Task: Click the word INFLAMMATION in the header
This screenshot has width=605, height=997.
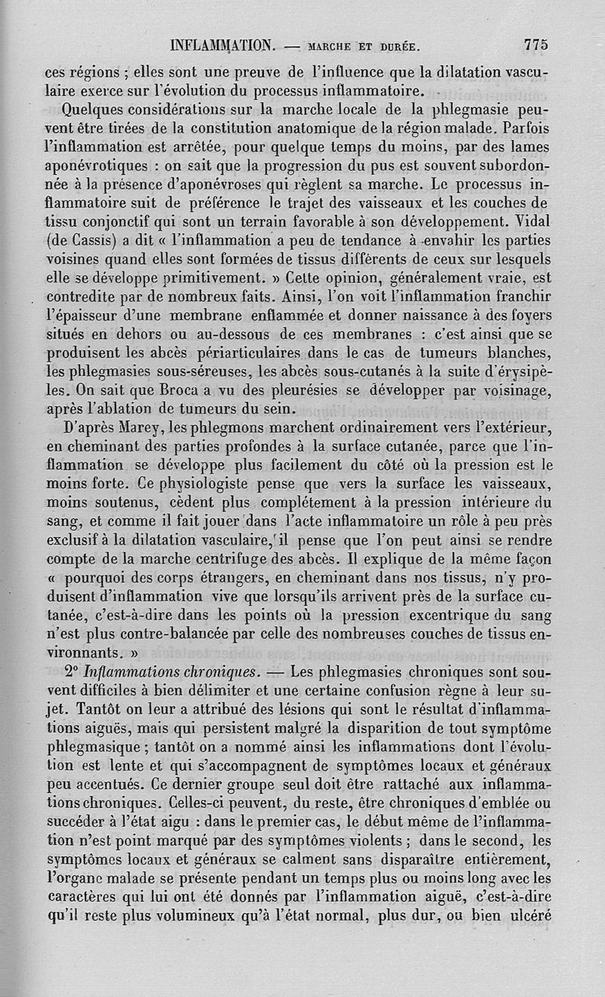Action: coord(222,45)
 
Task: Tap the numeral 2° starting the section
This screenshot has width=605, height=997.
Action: coord(72,670)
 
